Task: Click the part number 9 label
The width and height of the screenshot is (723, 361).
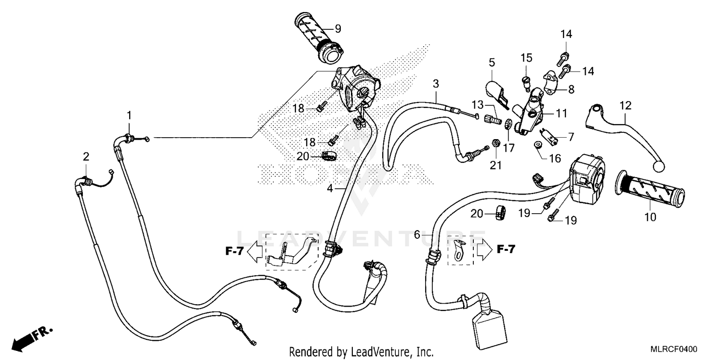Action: point(337,28)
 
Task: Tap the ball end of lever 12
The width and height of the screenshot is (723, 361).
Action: point(659,166)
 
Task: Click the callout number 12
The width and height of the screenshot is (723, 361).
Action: point(625,105)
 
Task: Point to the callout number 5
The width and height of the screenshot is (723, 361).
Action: point(492,62)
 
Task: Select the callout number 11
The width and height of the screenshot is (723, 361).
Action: point(561,114)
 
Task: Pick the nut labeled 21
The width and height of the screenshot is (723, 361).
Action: point(495,143)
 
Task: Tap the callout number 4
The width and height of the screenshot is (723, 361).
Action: point(330,189)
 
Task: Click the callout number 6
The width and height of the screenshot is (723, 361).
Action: point(417,235)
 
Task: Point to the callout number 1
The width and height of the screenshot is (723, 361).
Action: point(129,115)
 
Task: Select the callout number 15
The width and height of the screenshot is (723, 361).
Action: point(526,58)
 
